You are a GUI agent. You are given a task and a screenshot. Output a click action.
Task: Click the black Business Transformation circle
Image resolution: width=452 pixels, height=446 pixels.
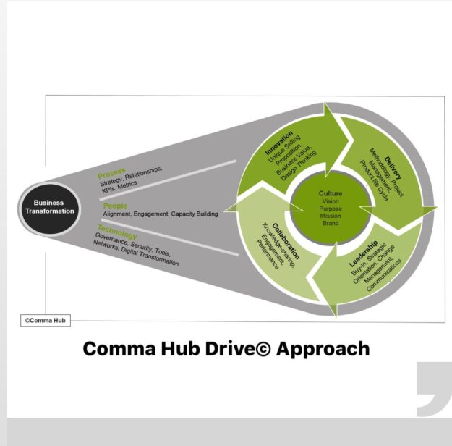pyautogui.click(x=50, y=207)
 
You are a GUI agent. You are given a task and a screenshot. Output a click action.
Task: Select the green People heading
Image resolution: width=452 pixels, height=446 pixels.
pyautogui.click(x=115, y=206)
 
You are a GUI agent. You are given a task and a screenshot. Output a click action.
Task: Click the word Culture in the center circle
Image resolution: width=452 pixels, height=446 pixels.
pyautogui.click(x=331, y=193)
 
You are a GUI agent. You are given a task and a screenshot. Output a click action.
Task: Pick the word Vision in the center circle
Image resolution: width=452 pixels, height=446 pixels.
pyautogui.click(x=331, y=202)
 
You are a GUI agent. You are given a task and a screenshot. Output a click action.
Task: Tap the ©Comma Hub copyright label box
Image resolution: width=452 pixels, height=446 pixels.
pyautogui.click(x=45, y=319)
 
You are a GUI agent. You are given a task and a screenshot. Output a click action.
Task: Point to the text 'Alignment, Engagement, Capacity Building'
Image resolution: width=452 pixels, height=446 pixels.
pyautogui.click(x=161, y=214)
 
